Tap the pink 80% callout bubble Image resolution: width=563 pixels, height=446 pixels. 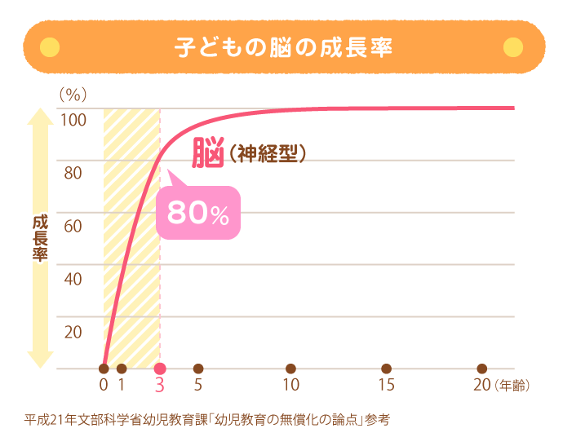pos(198,213)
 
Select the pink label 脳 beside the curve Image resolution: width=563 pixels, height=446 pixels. pos(208,152)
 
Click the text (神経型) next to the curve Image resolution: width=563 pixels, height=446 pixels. pos(267,153)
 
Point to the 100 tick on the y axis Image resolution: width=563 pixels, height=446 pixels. pos(73,120)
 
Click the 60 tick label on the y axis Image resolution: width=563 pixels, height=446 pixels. pos(73,226)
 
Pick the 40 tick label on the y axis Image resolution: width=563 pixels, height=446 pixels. pos(73,279)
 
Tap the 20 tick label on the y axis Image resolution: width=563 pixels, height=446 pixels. pos(73,332)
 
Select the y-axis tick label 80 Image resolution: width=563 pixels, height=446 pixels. pos(73,173)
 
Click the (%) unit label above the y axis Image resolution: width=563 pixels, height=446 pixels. pos(73,95)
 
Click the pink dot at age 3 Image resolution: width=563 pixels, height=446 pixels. pos(160,369)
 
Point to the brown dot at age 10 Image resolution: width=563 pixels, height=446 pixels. pos(291,369)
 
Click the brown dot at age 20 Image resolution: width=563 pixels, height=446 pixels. pos(482,369)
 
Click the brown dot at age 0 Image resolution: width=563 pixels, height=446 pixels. pos(104,369)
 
